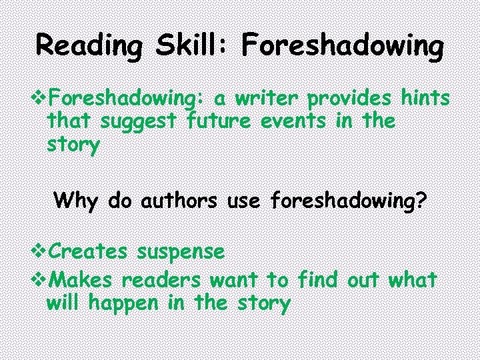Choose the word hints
(x=425, y=99)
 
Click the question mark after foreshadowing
(x=419, y=199)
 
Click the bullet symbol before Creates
(x=41, y=252)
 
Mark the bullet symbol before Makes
(x=41, y=279)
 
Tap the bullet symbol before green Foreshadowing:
(x=41, y=99)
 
